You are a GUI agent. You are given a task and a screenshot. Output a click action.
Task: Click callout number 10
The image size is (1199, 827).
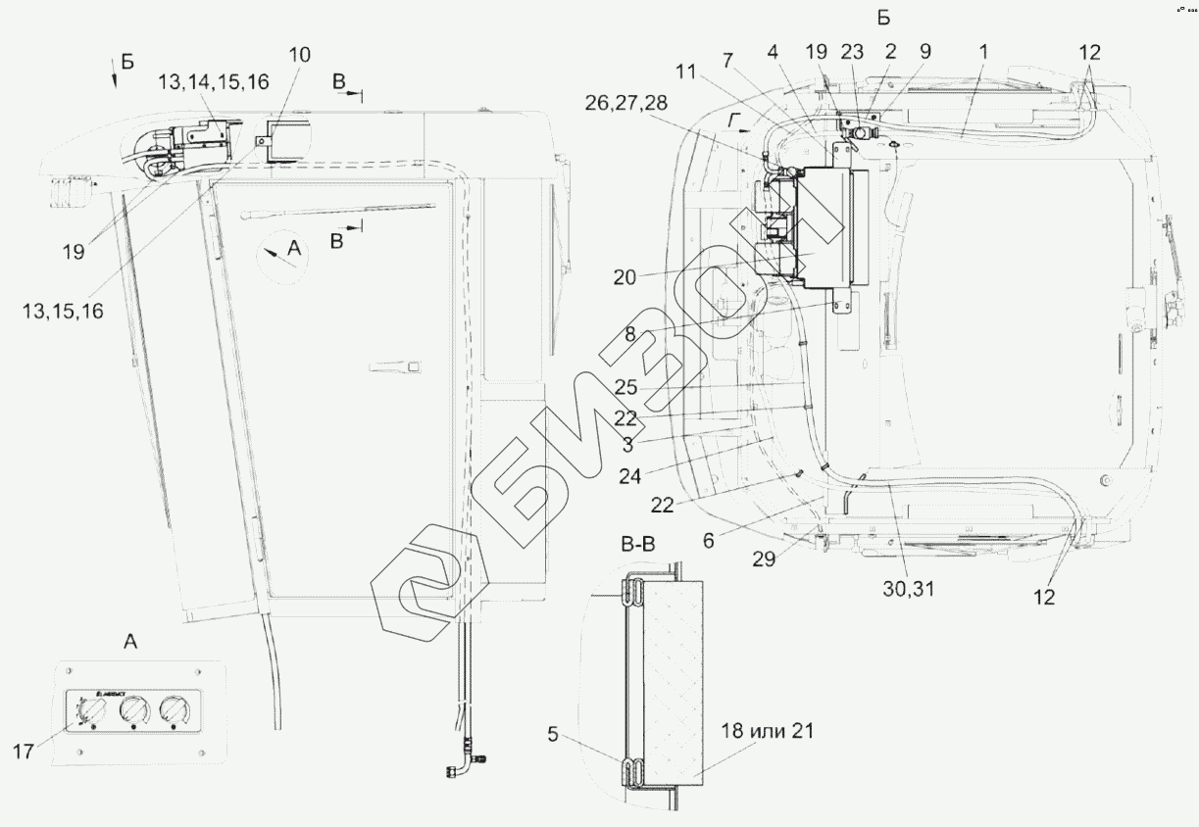coord(300,54)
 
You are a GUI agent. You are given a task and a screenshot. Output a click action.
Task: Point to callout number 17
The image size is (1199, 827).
coord(25,752)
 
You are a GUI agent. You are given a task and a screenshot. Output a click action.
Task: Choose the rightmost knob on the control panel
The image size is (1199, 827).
coord(174,709)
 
